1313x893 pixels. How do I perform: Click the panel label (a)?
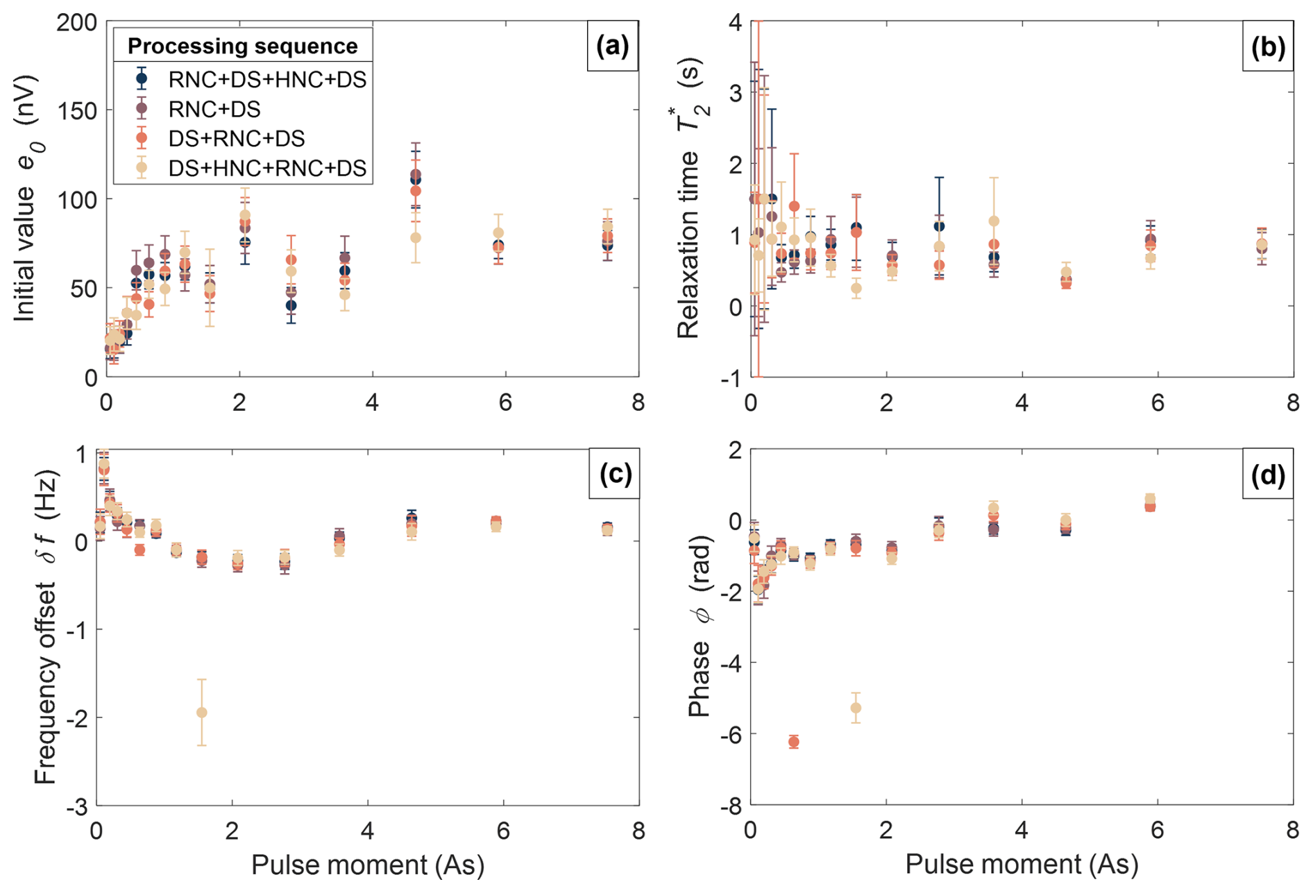tap(612, 46)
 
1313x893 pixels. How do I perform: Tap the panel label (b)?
tap(1267, 46)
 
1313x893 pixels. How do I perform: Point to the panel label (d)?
tap(1267, 475)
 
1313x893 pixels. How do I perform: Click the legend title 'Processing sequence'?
tap(243, 46)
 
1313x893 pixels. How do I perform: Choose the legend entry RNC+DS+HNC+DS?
tap(267, 79)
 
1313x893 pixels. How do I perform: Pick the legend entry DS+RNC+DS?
tap(236, 138)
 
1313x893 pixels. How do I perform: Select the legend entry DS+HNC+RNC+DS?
tap(267, 168)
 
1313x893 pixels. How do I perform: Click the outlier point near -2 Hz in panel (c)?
tap(202, 713)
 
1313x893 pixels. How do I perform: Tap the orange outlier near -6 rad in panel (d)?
tap(794, 742)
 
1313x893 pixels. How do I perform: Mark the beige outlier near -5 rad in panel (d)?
tap(856, 708)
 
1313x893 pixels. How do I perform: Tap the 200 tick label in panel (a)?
tap(76, 22)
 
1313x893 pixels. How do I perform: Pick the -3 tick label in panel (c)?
tap(76, 808)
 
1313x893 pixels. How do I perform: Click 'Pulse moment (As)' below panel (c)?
tap(367, 865)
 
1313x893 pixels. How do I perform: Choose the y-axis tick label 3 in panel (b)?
tap(735, 93)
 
